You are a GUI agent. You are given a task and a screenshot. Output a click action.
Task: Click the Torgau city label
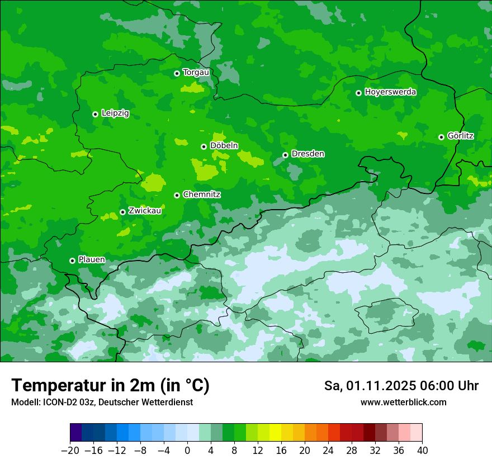[196, 73]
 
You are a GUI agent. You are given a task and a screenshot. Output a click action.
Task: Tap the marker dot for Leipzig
[95, 114]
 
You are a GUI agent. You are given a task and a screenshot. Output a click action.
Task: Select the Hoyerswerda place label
[390, 92]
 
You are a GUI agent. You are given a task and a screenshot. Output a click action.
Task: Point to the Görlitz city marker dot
[441, 137]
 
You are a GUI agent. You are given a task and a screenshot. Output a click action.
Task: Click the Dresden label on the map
[307, 154]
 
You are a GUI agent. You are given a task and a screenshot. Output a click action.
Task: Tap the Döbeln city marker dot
[204, 146]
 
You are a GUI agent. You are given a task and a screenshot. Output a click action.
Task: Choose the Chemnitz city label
[201, 195]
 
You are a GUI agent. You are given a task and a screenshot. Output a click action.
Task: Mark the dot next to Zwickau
[122, 212]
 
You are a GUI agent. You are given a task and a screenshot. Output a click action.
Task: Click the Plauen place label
[92, 260]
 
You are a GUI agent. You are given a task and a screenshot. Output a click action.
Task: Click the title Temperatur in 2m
[110, 385]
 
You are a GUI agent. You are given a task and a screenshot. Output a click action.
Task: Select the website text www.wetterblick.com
[403, 402]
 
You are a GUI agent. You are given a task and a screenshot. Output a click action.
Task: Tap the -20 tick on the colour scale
[70, 451]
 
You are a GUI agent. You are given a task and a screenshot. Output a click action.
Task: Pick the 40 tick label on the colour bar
[422, 451]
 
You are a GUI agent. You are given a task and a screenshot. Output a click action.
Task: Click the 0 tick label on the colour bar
[187, 451]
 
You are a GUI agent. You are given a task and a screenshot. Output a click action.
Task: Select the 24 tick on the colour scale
[328, 451]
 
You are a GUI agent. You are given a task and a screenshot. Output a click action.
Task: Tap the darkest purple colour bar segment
[76, 433]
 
